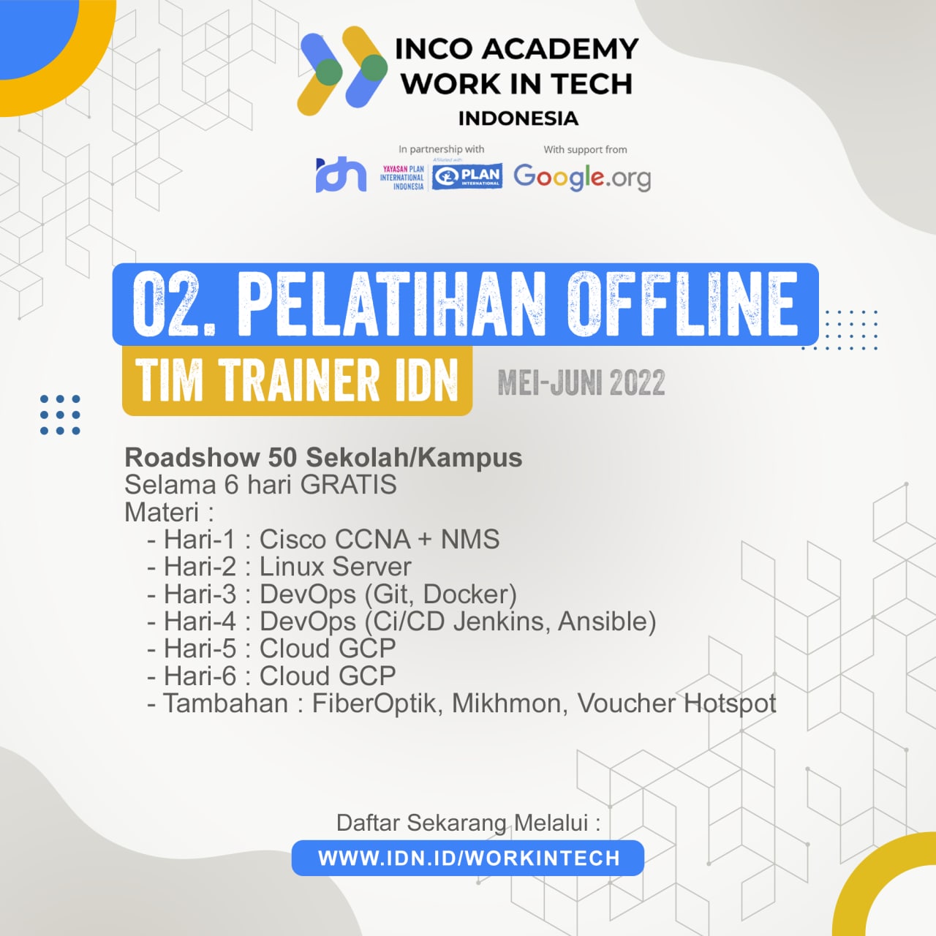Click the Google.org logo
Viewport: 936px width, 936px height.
click(x=582, y=177)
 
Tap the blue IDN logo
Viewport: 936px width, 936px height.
click(x=341, y=174)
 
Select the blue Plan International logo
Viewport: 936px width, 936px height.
click(x=467, y=175)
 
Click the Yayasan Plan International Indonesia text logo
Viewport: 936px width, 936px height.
click(x=402, y=178)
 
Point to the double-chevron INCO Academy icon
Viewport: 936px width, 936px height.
click(x=342, y=71)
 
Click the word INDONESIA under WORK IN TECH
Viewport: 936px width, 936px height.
click(x=518, y=118)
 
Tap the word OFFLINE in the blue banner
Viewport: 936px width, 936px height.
click(x=682, y=304)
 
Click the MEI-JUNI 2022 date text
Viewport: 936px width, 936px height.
click(x=581, y=382)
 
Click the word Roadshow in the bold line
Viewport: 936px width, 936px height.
click(x=192, y=458)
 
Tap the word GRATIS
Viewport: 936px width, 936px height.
click(x=348, y=485)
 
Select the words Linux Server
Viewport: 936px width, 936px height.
click(x=335, y=567)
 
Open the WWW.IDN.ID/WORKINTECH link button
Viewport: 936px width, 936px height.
click(x=468, y=858)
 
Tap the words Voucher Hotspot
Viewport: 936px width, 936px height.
click(x=676, y=704)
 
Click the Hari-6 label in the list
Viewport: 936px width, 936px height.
click(x=200, y=676)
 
